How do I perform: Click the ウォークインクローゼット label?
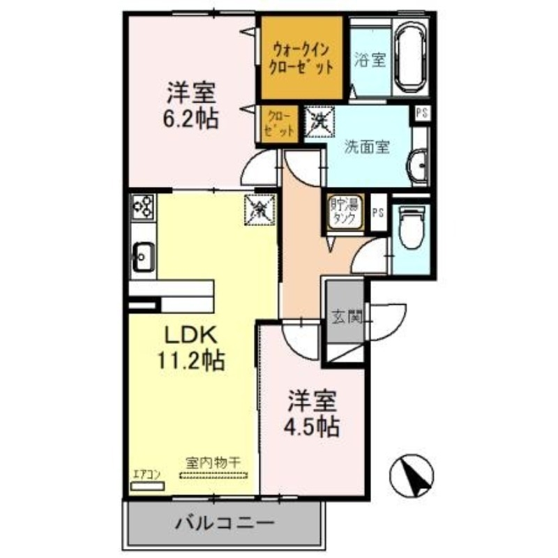tap(301, 59)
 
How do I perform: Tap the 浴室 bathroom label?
tap(370, 60)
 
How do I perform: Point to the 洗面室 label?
tap(368, 148)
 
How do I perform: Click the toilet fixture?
tap(412, 229)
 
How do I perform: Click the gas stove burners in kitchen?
tap(144, 205)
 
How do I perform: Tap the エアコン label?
tap(146, 475)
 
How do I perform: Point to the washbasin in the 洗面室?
tap(419, 166)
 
